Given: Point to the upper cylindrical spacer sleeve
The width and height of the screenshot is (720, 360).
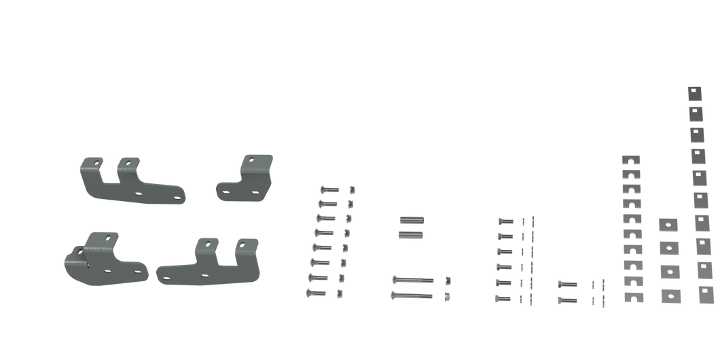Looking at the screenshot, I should click(x=411, y=220).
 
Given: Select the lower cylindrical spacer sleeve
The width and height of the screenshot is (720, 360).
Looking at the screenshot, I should click(x=411, y=234).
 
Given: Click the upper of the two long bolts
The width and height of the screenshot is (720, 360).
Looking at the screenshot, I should click(x=412, y=279).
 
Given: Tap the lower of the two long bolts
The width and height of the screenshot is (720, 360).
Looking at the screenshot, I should click(x=412, y=295).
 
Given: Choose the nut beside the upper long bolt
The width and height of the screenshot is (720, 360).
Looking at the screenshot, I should click(x=447, y=279).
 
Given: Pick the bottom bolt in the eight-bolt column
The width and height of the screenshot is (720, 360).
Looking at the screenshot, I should click(x=316, y=293).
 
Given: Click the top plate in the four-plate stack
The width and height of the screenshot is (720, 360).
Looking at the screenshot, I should click(x=668, y=225).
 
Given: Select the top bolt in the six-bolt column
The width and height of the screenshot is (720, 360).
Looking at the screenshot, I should click(x=503, y=221).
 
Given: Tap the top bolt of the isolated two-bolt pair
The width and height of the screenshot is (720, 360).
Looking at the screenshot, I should click(x=566, y=283).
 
